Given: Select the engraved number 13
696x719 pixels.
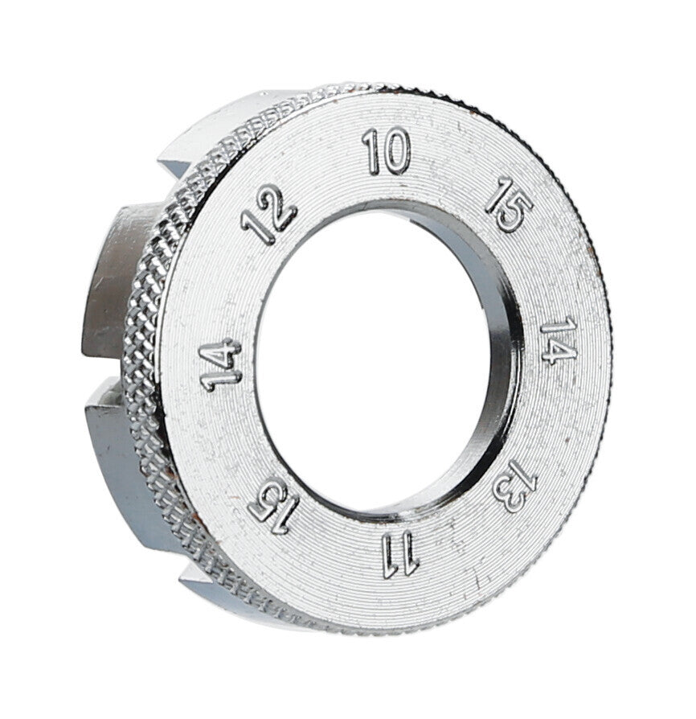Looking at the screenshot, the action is (x=514, y=486).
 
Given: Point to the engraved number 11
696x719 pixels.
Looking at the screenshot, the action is (x=400, y=557).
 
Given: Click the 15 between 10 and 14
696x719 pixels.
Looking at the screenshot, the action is (x=509, y=205).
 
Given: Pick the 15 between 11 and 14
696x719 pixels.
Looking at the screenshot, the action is (x=273, y=508).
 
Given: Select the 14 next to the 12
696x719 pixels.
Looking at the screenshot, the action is (x=221, y=364).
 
